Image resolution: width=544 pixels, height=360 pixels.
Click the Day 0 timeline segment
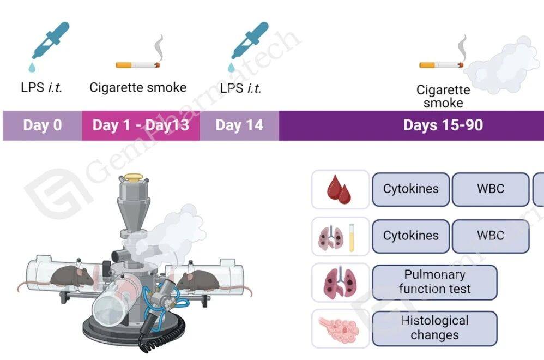click(x=42, y=125)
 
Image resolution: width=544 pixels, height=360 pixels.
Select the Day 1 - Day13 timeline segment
click(x=141, y=125)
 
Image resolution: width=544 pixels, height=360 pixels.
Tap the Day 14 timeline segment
click(x=239, y=125)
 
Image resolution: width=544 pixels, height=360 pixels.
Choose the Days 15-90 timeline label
click(x=443, y=125)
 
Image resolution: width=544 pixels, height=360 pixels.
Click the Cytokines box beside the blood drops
click(x=410, y=189)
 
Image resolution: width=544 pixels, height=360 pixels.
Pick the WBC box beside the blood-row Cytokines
click(x=490, y=189)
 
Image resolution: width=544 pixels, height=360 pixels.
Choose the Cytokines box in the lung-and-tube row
click(x=410, y=236)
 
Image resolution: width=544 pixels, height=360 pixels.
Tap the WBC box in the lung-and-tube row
click(x=490, y=236)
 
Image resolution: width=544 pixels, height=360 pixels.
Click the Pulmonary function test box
click(x=434, y=282)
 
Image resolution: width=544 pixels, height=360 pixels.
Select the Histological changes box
click(x=434, y=328)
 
